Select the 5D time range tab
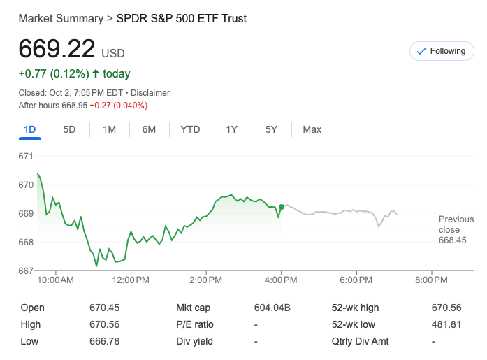tap(69, 129)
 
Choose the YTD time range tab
tap(190, 129)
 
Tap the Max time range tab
tap(312, 129)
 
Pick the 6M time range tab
tap(149, 129)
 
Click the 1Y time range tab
tap(231, 129)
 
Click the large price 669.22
tap(57, 49)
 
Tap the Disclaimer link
tap(150, 92)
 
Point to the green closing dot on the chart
tap(282, 207)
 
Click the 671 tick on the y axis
tap(26, 156)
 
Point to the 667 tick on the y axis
tap(26, 271)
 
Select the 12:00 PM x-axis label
tap(131, 280)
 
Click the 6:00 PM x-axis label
tap(356, 280)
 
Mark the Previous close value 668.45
tap(452, 240)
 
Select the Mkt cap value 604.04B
tap(272, 308)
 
